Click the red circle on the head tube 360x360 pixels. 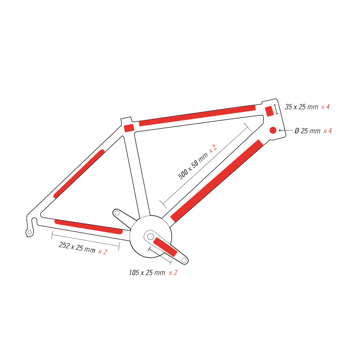click(x=273, y=130)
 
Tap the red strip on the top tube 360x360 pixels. click(x=197, y=116)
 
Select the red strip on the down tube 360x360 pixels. click(x=216, y=181)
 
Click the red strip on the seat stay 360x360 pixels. click(x=79, y=174)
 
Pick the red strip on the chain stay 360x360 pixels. click(x=89, y=227)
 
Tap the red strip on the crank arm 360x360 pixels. click(x=165, y=247)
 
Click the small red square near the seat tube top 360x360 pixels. click(x=129, y=128)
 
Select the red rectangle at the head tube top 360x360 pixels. click(x=269, y=111)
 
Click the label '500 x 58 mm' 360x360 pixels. click(x=193, y=165)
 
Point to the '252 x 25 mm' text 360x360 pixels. click(x=77, y=247)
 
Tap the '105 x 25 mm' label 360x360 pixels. click(x=147, y=273)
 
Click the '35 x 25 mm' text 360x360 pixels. click(x=301, y=107)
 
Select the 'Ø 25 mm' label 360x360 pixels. click(x=307, y=131)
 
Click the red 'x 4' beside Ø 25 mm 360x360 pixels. click(x=328, y=131)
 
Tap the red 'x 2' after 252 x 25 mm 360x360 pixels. click(x=103, y=252)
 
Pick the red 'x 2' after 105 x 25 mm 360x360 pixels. click(x=173, y=273)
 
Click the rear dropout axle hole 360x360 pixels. click(x=30, y=232)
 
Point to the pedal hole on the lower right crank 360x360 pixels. click(x=184, y=260)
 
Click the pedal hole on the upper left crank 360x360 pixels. click(x=117, y=213)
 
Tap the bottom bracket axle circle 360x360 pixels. click(x=150, y=236)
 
